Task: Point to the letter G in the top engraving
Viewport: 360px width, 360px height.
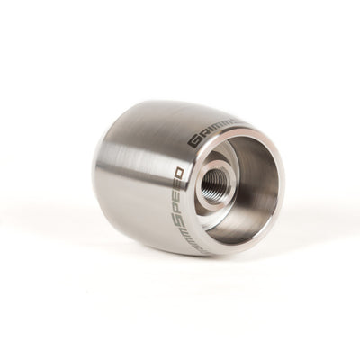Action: click(x=193, y=139)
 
